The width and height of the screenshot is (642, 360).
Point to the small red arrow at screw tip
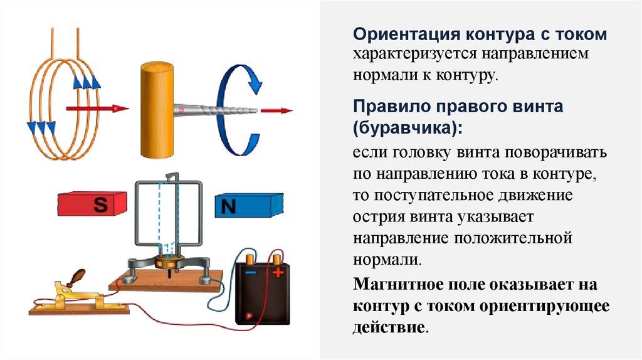(276, 111)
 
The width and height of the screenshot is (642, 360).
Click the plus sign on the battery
(276, 272)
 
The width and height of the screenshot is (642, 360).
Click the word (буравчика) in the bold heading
(408, 127)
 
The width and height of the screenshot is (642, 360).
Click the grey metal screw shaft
(216, 110)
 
